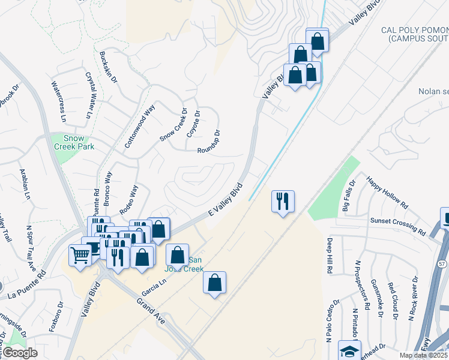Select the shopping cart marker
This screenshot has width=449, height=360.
[x=80, y=256]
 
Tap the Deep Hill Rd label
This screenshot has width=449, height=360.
[x=330, y=256]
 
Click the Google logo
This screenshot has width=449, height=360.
[x=20, y=353]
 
